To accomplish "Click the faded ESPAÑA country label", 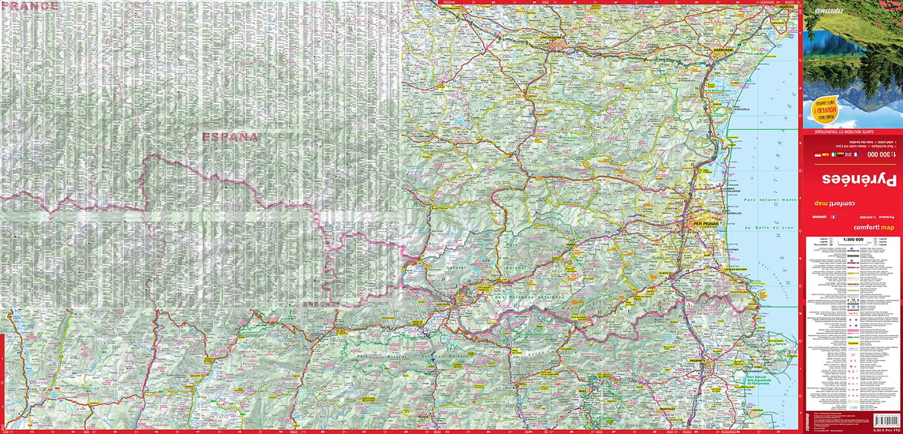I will tap(230, 137).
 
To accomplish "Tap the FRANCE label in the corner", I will tap(30, 6).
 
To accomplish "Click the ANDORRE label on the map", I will tap(321, 304).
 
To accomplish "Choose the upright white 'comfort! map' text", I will tap(874, 227).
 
